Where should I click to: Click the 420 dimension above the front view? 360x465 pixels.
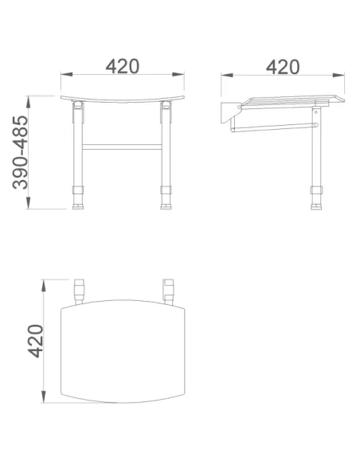point(122,66)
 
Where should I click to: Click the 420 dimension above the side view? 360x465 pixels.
point(283,67)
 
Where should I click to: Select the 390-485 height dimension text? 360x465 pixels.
point(20,152)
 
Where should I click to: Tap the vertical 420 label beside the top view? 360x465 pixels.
point(35,341)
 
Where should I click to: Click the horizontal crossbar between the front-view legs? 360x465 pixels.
point(122,147)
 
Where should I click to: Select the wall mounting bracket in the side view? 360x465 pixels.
point(228,113)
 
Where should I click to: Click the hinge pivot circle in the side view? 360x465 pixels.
point(239,107)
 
